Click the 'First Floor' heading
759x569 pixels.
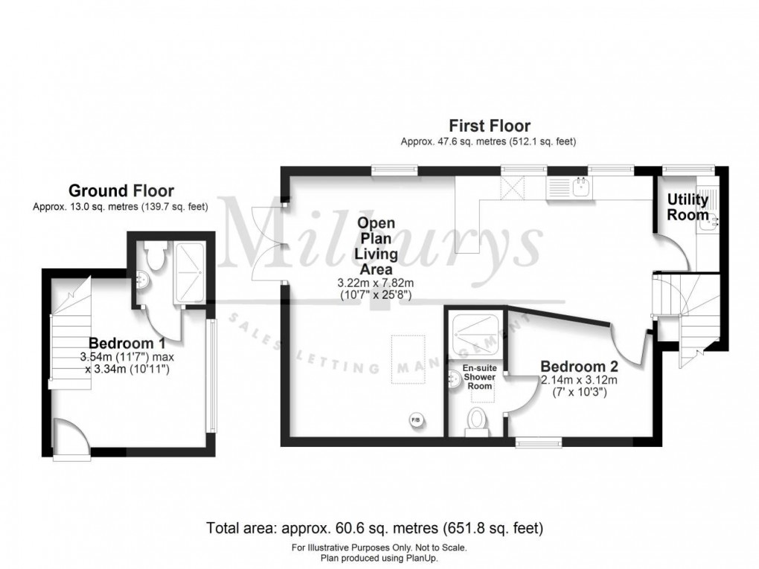(x=488, y=126)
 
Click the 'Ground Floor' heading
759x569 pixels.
(x=121, y=191)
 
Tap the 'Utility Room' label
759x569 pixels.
(x=688, y=207)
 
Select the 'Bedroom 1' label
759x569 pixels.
(x=126, y=344)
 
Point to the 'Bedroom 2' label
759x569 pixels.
(x=579, y=366)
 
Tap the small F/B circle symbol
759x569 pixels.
(x=414, y=422)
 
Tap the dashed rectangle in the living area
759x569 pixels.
(x=409, y=358)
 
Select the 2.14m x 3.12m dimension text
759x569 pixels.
(x=579, y=380)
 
